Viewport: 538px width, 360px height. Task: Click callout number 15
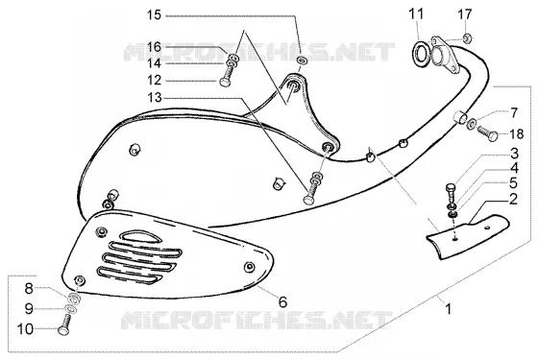[x=154, y=15]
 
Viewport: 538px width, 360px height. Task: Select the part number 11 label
[x=416, y=14]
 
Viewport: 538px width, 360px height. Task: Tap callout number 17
[x=465, y=14]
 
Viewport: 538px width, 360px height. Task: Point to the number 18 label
[x=517, y=134]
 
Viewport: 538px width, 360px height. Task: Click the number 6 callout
[x=282, y=302]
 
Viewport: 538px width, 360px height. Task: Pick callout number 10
[x=25, y=329]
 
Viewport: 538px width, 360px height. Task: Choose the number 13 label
[x=155, y=98]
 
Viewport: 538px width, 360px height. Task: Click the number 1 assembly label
[x=448, y=308]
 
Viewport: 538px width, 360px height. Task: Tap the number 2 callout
[x=513, y=200]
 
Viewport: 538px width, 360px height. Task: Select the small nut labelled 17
[x=467, y=37]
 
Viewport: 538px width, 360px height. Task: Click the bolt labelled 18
[x=487, y=133]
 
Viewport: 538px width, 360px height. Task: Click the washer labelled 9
[x=71, y=309]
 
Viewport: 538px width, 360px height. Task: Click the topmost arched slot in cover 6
[x=140, y=236]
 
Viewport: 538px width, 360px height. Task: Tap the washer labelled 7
[x=471, y=123]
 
